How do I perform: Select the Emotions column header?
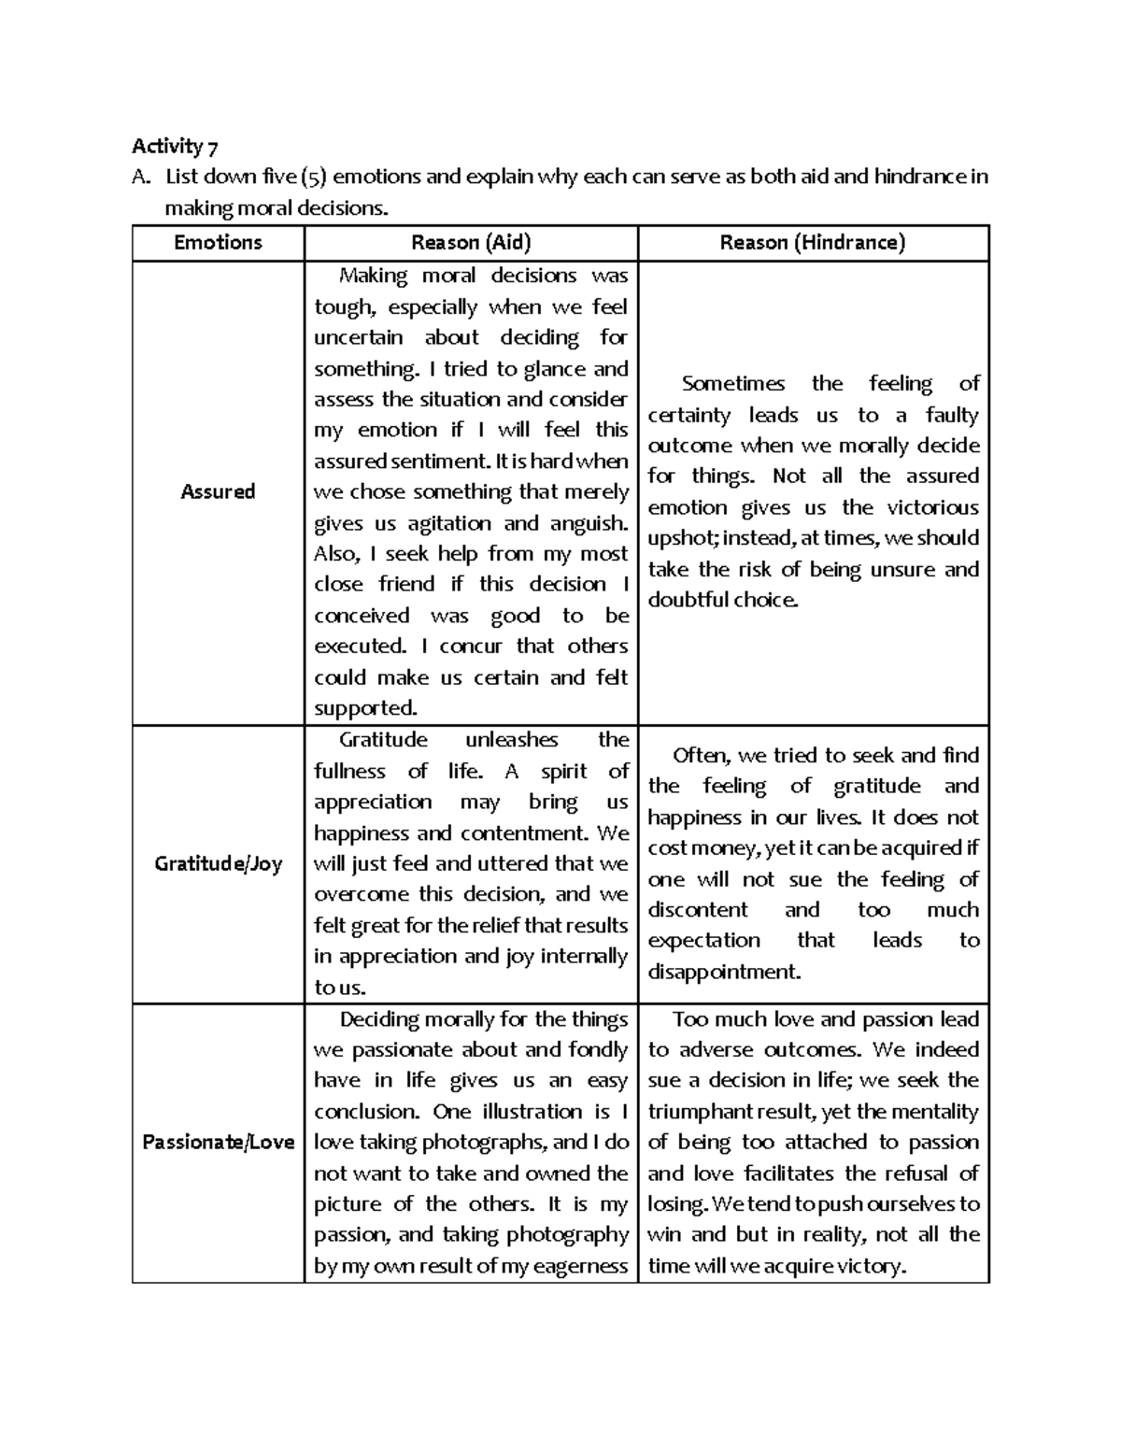tap(218, 243)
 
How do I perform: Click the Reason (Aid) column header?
tap(471, 243)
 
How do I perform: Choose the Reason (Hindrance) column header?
tap(812, 243)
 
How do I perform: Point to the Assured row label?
tap(218, 491)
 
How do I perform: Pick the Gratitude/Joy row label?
tap(218, 863)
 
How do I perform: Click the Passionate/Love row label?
tap(218, 1142)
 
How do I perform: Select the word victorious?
tap(922, 507)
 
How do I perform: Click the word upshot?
tap(682, 539)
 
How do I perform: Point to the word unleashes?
tap(511, 740)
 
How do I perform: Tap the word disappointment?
tap(724, 972)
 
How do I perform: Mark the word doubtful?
tap(689, 600)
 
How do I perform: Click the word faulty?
tap(951, 415)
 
